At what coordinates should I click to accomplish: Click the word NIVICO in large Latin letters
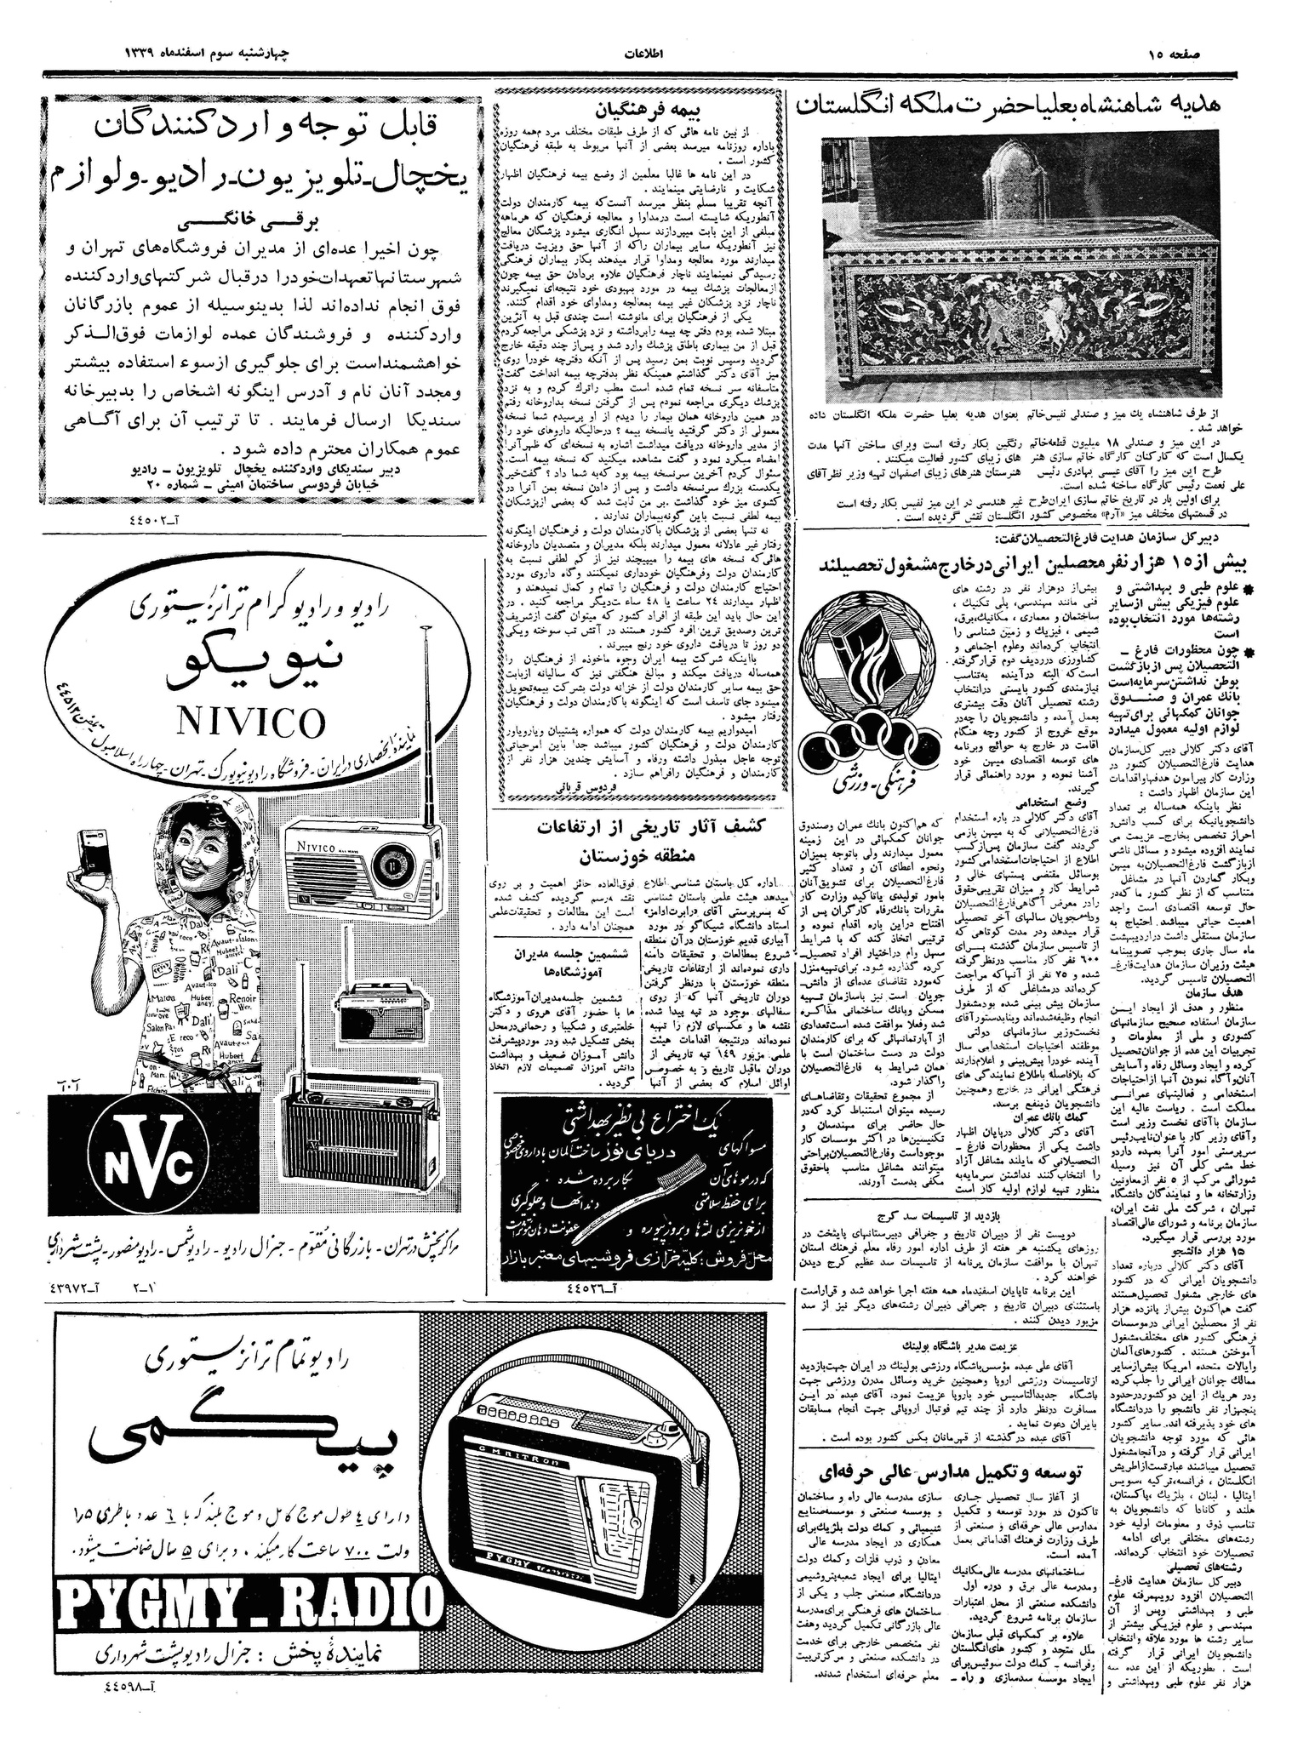point(251,723)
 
